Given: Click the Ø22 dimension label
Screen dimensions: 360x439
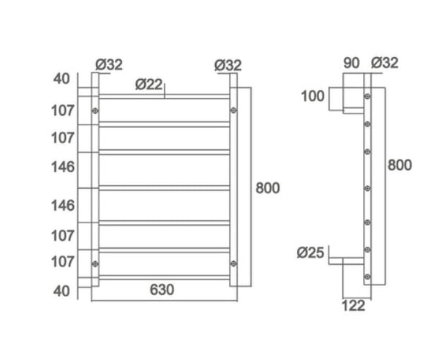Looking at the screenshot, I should (149, 84).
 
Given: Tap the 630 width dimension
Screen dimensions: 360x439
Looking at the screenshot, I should (162, 289).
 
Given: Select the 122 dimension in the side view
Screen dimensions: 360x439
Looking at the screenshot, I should (353, 306).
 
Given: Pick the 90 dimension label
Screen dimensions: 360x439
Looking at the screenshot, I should (351, 63).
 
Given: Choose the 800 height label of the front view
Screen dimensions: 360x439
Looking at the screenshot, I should (268, 188).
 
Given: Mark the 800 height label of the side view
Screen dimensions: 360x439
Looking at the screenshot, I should (399, 165).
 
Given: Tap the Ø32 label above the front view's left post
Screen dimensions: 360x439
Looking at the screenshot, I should (109, 64).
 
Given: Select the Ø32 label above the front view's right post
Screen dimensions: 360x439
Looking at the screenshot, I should (228, 64).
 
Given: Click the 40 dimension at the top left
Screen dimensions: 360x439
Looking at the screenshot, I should (64, 78).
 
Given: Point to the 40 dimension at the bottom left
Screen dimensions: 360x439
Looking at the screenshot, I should (64, 290).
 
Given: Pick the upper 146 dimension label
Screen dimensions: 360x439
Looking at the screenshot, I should (64, 167).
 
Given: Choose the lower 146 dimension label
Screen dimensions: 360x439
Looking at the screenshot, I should (64, 206).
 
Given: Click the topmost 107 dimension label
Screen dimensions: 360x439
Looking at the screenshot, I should (64, 111).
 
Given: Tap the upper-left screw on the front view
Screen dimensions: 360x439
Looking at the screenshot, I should (95, 110).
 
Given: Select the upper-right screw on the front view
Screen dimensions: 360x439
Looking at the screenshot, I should (233, 110).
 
